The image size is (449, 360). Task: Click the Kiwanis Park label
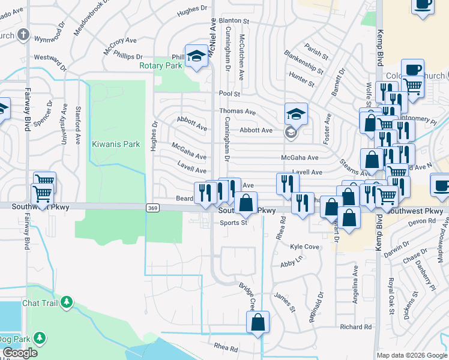pos(115,145)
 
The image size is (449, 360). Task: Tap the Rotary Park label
pos(160,65)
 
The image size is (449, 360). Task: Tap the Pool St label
pos(229,94)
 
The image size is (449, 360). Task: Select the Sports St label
pos(234,223)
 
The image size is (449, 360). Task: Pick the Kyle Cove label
pos(304,247)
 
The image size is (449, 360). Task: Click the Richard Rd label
pos(355,327)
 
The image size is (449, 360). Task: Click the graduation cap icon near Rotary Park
pos(196,56)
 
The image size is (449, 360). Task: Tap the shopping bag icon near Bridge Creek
pos(258,322)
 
